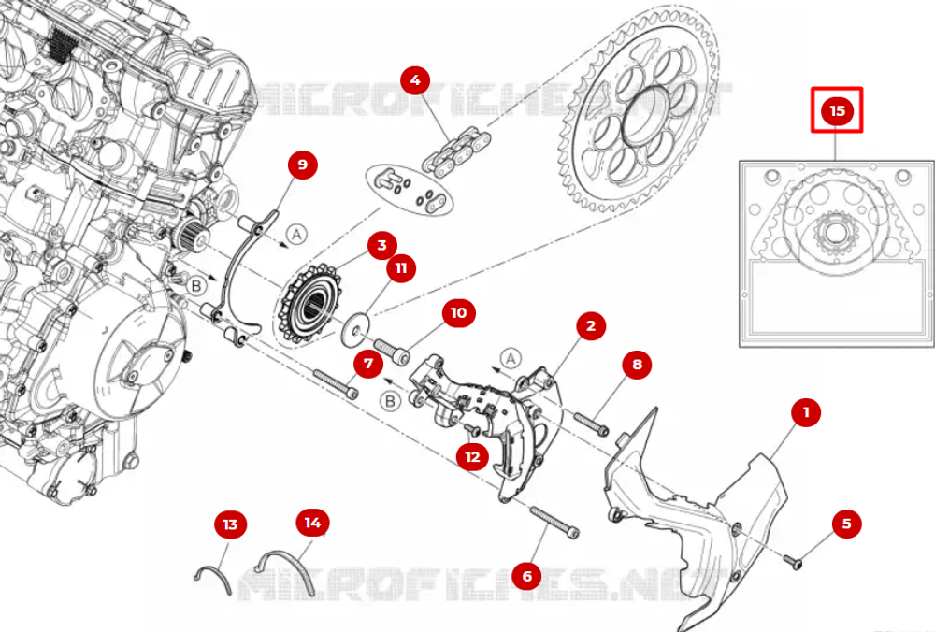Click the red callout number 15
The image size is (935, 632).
pos(837,110)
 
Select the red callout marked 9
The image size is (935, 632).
pos(301,165)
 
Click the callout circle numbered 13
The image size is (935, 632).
pos(230,524)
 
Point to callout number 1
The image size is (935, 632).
pos(805,411)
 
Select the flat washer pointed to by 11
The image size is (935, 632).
pos(356,330)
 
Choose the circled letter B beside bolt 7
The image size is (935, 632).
pos(392,401)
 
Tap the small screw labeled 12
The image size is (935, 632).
pos(472,429)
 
